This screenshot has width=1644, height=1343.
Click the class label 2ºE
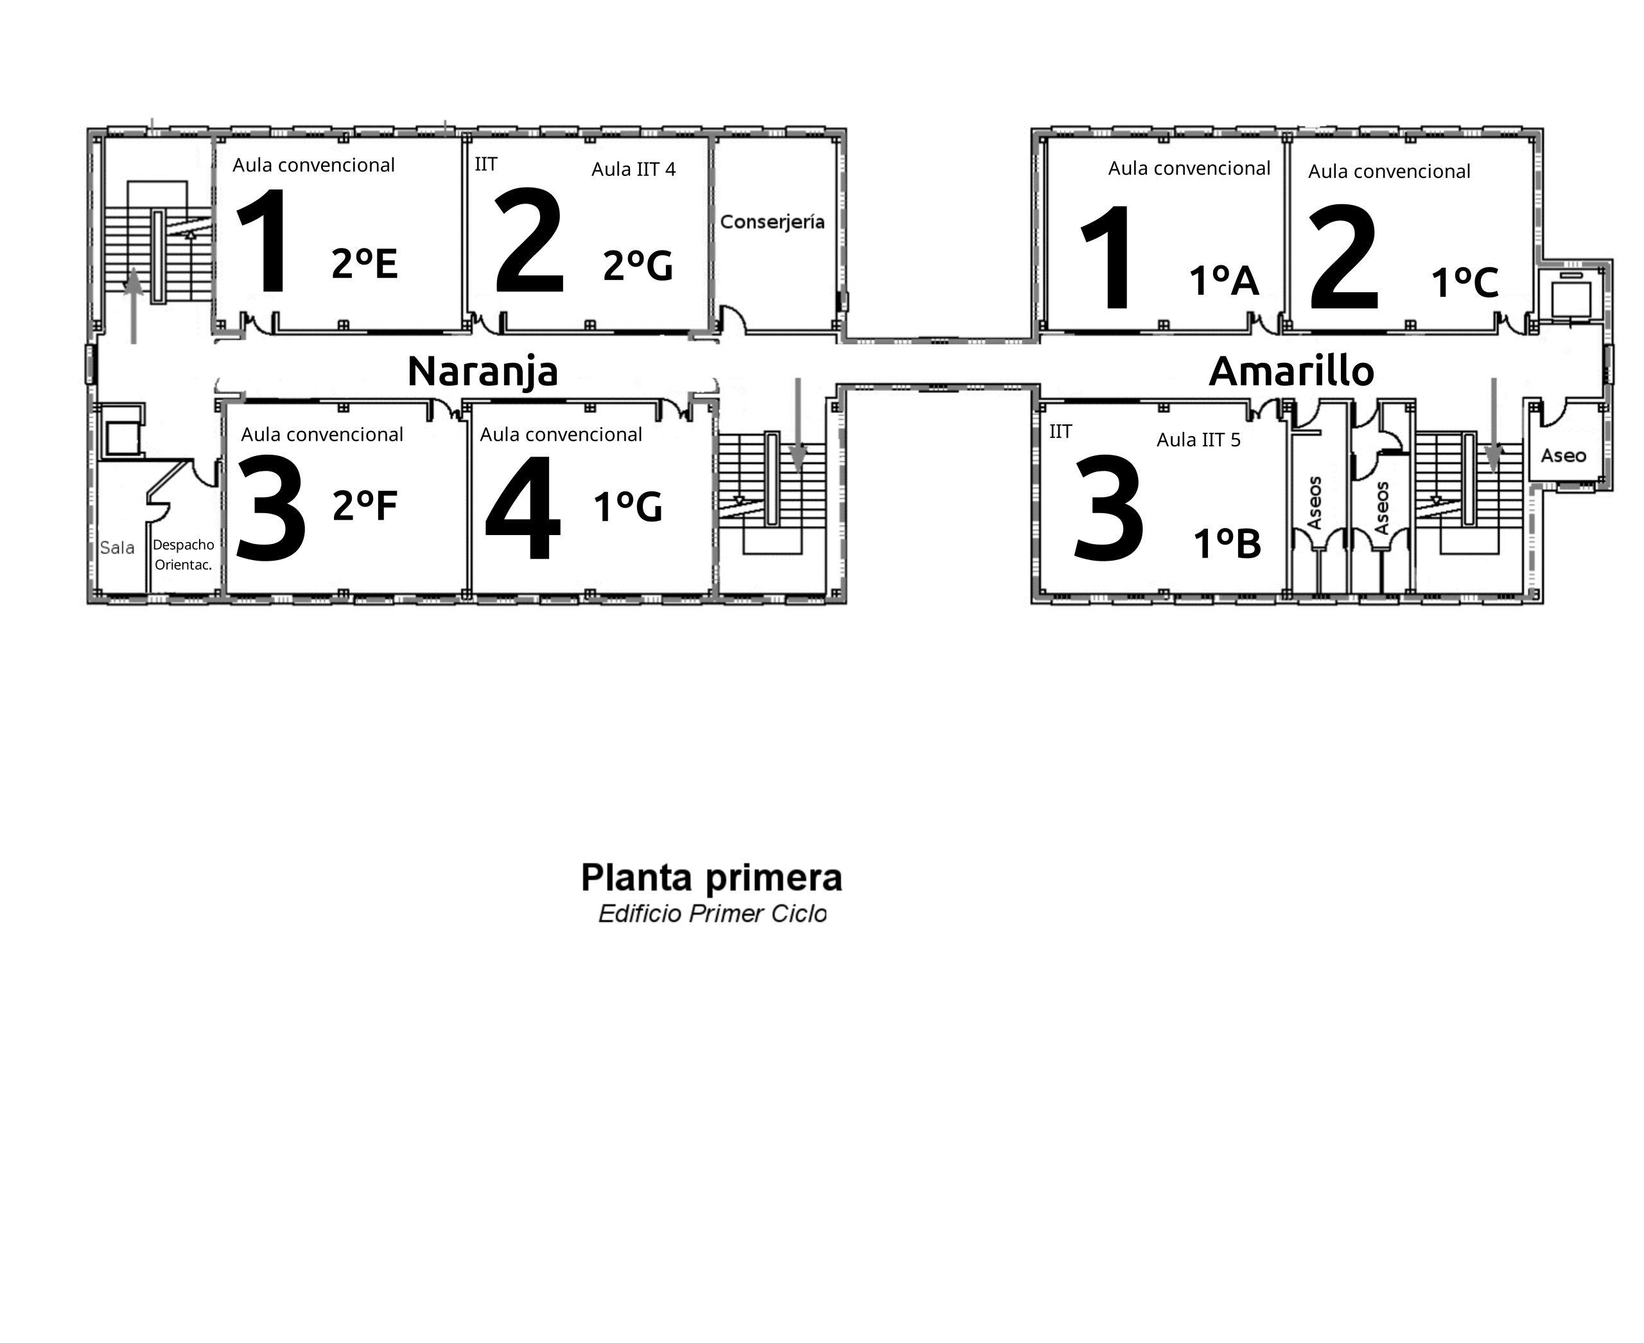pyautogui.click(x=364, y=264)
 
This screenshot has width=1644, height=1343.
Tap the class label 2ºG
pyautogui.click(x=638, y=266)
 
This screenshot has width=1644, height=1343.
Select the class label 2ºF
pyautogui.click(x=364, y=506)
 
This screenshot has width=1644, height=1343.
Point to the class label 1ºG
pyautogui.click(x=627, y=507)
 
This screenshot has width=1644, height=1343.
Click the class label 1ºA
pyautogui.click(x=1224, y=281)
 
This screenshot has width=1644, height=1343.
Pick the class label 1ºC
pyautogui.click(x=1465, y=283)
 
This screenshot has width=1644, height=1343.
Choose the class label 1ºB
pyautogui.click(x=1227, y=544)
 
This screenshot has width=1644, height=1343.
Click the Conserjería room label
pyautogui.click(x=772, y=223)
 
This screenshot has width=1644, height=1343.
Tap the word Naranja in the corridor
pyautogui.click(x=483, y=371)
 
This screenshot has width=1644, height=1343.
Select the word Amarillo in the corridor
pyautogui.click(x=1291, y=371)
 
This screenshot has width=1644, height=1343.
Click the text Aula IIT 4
pyautogui.click(x=634, y=170)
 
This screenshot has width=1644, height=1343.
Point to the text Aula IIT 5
pyautogui.click(x=1198, y=440)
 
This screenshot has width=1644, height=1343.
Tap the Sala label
pyautogui.click(x=118, y=548)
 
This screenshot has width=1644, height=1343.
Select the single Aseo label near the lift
pyautogui.click(x=1564, y=455)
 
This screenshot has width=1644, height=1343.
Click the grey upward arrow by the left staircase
pyautogui.click(x=134, y=306)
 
